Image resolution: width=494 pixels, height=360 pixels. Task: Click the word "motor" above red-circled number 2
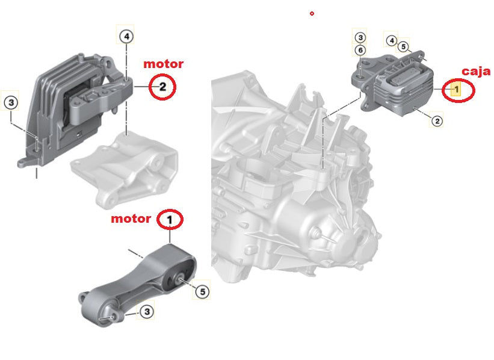[x=162, y=63]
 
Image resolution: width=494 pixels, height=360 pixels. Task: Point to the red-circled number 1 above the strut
[x=170, y=220]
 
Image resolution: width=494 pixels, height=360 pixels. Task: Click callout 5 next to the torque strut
[x=202, y=292]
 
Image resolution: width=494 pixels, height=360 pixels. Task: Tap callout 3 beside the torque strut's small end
[x=146, y=311]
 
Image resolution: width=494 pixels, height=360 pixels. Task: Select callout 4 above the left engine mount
[x=126, y=36]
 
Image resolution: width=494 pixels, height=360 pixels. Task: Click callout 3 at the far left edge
[x=11, y=102]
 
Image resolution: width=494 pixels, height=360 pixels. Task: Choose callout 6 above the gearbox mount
[x=359, y=51]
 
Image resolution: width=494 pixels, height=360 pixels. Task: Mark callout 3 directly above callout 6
[x=359, y=38]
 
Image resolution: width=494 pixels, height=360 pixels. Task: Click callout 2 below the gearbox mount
[x=437, y=120]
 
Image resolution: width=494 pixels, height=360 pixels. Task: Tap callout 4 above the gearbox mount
[x=391, y=41]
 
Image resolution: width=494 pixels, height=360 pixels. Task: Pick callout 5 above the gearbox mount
[x=403, y=46]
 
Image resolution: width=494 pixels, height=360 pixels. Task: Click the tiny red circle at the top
[x=312, y=13]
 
